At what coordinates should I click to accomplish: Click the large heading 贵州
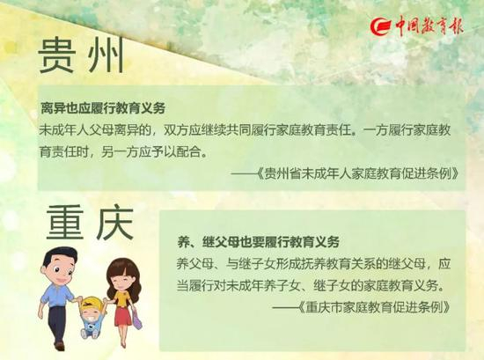coord(81,55)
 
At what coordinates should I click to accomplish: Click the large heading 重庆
coord(90,223)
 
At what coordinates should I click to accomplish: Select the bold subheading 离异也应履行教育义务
coord(103,108)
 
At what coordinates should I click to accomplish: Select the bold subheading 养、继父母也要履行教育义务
coord(259,242)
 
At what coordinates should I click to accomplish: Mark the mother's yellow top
coord(121,298)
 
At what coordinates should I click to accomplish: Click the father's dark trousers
coord(58,323)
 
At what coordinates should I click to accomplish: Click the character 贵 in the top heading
coord(56,55)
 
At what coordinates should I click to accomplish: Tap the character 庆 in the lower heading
coord(114,223)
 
